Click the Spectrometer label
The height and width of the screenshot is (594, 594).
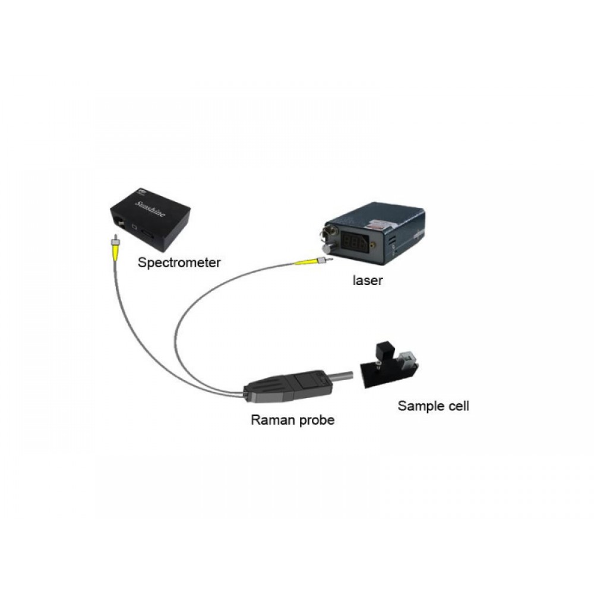[171, 261]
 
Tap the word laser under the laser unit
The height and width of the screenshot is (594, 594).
[366, 280]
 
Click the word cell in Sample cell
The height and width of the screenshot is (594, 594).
[458, 406]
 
